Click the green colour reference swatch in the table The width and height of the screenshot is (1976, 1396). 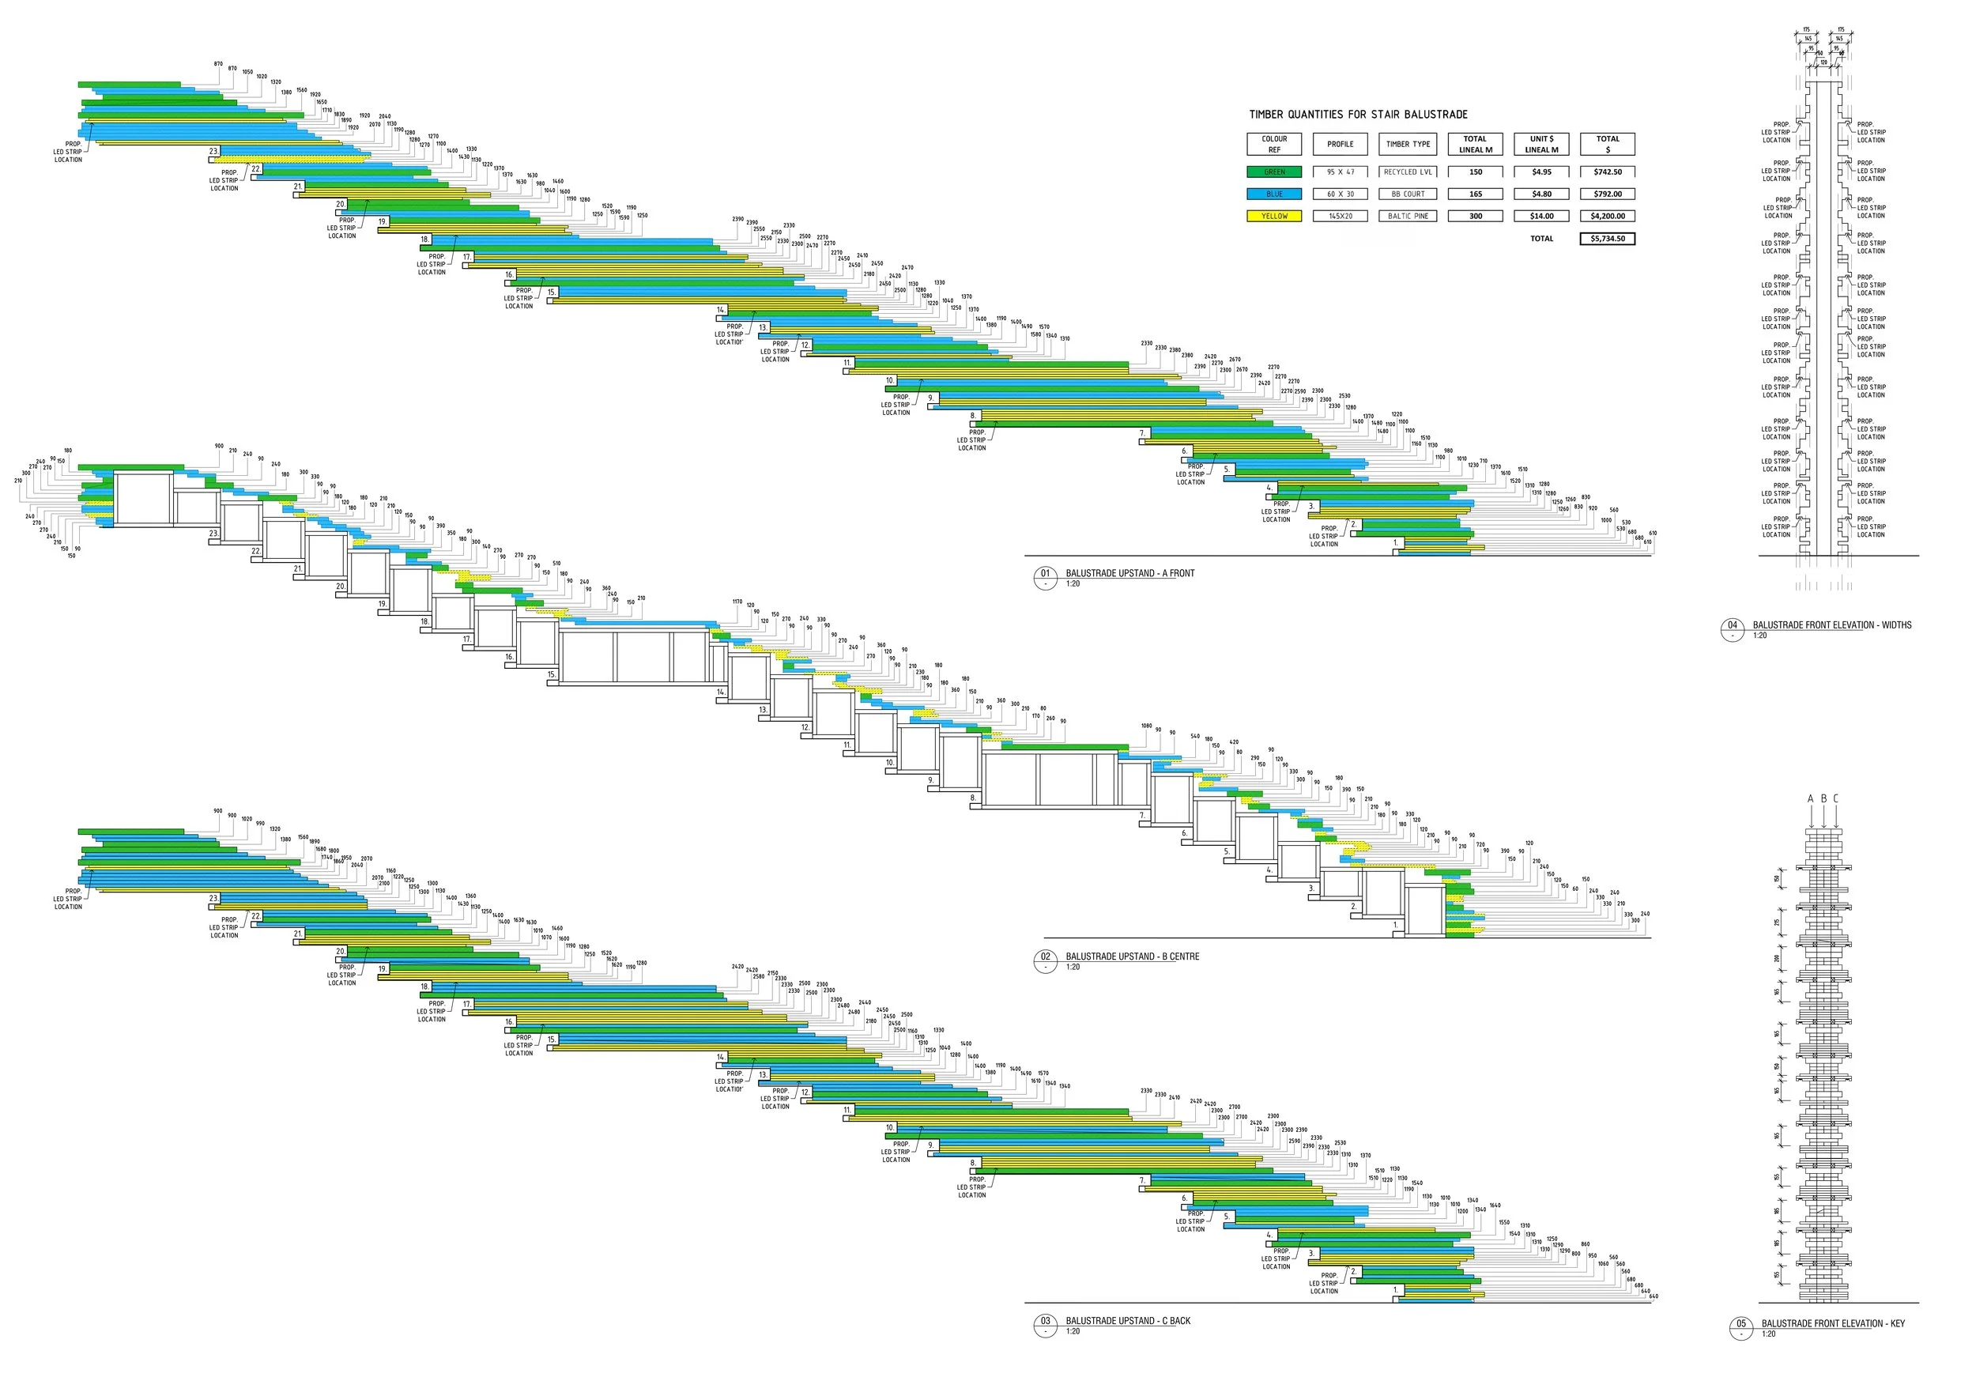[1273, 172]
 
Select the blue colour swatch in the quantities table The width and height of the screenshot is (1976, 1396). [1273, 194]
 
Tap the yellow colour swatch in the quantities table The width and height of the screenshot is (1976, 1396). [1273, 216]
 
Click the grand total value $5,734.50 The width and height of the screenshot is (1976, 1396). [1607, 239]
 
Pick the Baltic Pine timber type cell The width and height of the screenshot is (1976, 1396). [1408, 216]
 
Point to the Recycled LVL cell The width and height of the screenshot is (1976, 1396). [1408, 172]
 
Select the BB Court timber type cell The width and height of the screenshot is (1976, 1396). [1408, 194]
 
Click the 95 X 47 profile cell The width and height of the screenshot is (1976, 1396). [1340, 172]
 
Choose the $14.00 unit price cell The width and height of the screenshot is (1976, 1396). [1541, 216]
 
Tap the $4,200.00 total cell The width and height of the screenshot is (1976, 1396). [1607, 216]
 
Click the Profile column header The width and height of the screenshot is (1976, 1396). [1340, 144]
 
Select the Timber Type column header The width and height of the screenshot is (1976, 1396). [1408, 144]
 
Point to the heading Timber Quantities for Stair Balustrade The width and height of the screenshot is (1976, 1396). [1358, 115]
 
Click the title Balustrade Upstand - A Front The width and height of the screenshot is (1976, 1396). [1129, 573]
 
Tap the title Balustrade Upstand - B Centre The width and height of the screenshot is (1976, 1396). [1132, 956]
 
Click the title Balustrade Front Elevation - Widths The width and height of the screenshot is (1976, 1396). [1831, 624]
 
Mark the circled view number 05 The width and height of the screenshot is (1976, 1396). [1741, 1324]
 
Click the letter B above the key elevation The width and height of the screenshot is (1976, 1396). [1823, 798]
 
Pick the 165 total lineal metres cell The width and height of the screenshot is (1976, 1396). [1475, 194]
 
